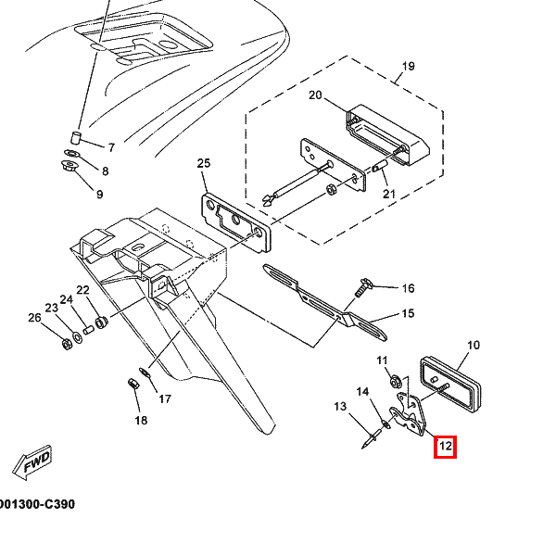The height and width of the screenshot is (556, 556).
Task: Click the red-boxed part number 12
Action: pos(446,446)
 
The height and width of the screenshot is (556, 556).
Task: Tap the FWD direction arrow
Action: pos(32,462)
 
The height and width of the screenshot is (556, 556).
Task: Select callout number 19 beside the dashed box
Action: pos(409,66)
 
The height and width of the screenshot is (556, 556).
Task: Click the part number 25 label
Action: pos(204,163)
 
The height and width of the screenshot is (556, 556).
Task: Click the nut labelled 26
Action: pos(67,344)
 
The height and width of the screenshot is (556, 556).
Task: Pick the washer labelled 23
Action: pos(77,336)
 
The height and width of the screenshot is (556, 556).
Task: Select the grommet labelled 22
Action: pos(102,322)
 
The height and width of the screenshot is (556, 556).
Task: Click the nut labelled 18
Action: pos(133,384)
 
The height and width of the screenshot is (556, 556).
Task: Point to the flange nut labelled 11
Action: pos(396,382)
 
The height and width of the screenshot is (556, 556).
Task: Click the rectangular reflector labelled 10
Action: pos(450,385)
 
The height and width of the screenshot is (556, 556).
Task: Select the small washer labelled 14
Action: pos(385,424)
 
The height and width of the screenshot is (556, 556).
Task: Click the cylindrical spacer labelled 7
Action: pos(76,137)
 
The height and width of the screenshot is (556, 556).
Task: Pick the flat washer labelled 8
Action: pos(72,154)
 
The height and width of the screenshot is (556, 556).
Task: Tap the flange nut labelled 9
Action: pos(69,166)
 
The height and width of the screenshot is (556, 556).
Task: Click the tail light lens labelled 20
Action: pos(387,135)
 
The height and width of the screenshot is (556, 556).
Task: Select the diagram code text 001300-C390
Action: pos(37,504)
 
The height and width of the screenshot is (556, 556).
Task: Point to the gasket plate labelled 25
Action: pos(235,222)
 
